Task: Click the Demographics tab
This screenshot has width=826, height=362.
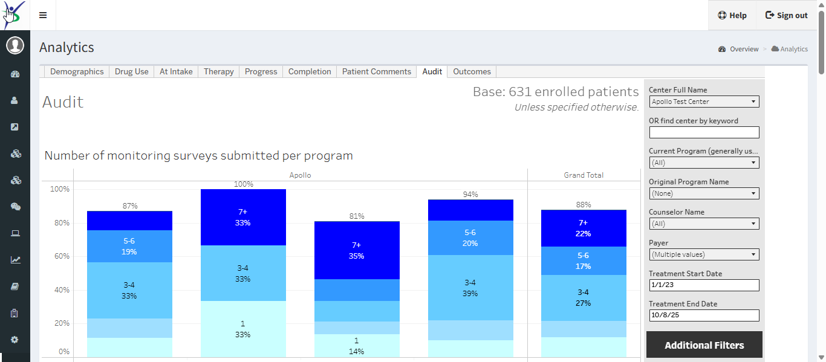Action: (77, 71)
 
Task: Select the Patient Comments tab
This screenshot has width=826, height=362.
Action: (376, 71)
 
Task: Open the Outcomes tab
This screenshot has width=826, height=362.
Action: (472, 71)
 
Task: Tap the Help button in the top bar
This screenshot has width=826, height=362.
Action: (732, 15)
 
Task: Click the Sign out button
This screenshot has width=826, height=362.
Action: (786, 15)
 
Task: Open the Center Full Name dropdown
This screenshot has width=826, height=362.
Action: (704, 102)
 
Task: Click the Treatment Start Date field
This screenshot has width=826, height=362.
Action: (704, 285)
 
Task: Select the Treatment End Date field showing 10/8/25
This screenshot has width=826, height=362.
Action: (704, 315)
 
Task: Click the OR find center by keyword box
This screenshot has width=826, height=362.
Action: (704, 132)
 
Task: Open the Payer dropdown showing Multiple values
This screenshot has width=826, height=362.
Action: (704, 254)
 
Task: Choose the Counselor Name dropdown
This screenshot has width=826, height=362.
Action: (704, 224)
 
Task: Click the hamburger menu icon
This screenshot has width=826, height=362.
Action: (43, 15)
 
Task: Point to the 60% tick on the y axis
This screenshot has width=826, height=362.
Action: (60, 256)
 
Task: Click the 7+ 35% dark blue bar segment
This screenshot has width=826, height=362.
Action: (357, 250)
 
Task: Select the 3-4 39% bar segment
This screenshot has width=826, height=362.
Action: (470, 288)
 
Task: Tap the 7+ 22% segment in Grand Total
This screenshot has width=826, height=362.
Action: (583, 228)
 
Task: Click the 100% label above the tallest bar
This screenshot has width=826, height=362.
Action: (243, 184)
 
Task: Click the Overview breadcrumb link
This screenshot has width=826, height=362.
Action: (744, 49)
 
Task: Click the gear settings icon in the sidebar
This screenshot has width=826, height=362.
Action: (15, 340)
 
